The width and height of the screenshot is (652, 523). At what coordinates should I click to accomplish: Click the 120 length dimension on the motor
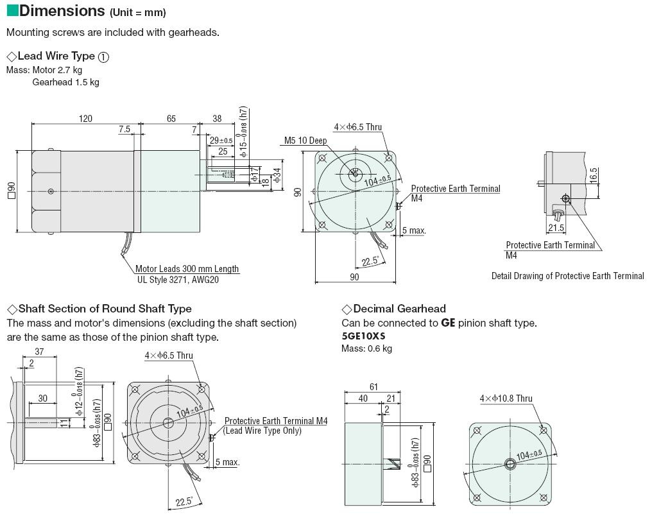tap(85, 119)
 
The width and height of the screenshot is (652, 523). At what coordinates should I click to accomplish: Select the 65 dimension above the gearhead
tap(171, 119)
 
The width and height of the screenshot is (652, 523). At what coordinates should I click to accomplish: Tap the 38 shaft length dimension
tap(217, 119)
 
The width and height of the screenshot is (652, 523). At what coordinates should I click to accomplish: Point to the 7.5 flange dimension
tap(124, 129)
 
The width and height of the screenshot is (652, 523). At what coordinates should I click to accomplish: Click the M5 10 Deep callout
tap(305, 141)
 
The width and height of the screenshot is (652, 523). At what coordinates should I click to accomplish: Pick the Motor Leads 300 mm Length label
tap(187, 269)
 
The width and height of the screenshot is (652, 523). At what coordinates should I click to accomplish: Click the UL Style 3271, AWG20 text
tap(178, 280)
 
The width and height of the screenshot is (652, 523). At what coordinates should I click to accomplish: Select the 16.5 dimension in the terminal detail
tap(594, 175)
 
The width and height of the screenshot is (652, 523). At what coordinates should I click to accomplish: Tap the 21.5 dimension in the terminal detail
tap(556, 228)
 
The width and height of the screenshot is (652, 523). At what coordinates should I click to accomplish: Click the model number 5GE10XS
tap(363, 336)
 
